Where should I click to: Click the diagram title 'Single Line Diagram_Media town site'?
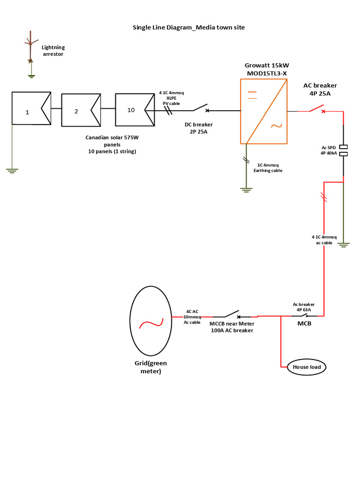[x=188, y=28]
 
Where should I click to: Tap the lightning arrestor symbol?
[x=30, y=52]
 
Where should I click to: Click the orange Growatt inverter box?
[x=263, y=111]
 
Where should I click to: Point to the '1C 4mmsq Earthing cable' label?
[x=268, y=168]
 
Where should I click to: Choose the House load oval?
[x=307, y=367]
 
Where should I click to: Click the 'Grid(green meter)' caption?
[x=150, y=367]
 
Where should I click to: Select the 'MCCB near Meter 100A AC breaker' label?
[x=231, y=327]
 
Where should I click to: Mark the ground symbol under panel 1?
[x=12, y=171]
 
